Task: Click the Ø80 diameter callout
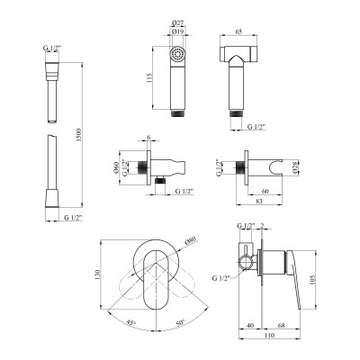pyautogui.click(x=190, y=240)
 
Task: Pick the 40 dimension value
pyautogui.click(x=249, y=326)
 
